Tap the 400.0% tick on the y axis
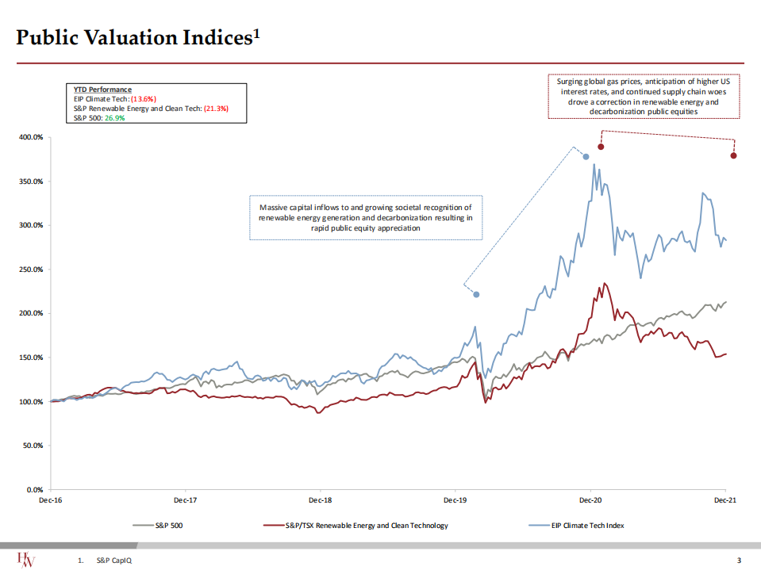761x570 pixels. point(31,137)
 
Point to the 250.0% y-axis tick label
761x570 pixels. point(31,270)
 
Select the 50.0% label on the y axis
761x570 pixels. point(33,446)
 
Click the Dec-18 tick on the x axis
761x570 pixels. point(320,500)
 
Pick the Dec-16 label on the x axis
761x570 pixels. point(51,500)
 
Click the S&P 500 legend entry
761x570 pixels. point(170,526)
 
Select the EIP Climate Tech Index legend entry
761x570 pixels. point(587,526)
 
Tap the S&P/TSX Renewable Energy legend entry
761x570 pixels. point(366,526)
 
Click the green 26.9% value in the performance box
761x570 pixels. point(116,117)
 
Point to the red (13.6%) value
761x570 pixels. point(143,99)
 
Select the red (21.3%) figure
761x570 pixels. point(215,108)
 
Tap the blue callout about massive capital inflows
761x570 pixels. point(365,217)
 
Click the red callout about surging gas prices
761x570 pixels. point(644,97)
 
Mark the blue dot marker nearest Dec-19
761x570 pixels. point(476,294)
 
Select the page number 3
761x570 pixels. point(739,561)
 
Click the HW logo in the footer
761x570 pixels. point(28,559)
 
